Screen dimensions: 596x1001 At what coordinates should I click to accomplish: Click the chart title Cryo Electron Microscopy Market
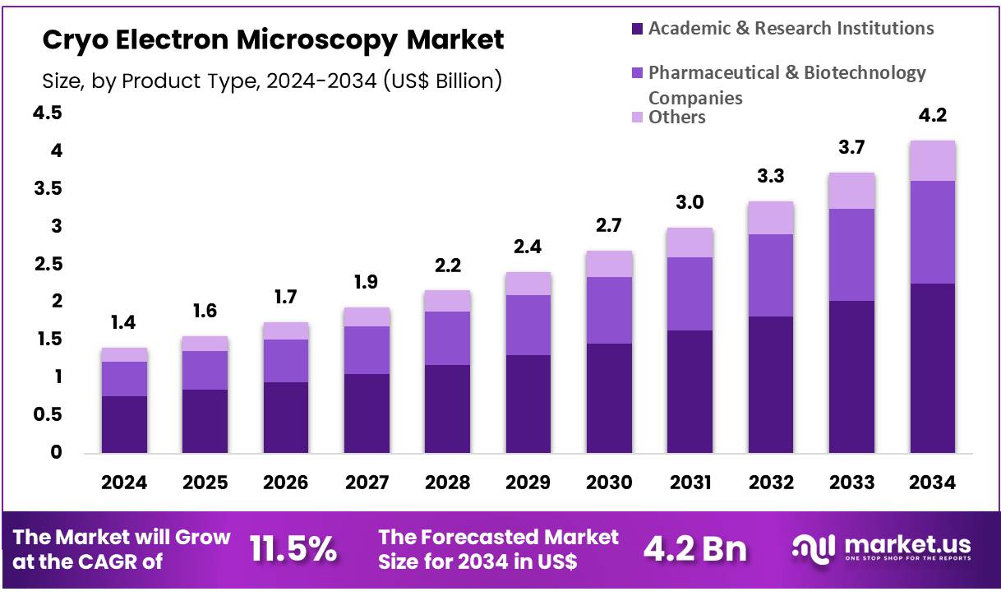click(273, 39)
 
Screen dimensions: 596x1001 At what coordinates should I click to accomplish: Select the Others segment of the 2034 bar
click(932, 160)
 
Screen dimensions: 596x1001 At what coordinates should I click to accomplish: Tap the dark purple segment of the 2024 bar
click(124, 424)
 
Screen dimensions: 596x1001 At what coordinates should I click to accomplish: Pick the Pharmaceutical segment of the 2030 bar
click(609, 310)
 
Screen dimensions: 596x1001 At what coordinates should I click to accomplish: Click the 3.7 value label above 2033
click(851, 148)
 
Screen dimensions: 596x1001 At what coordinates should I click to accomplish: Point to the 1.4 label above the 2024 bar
click(124, 323)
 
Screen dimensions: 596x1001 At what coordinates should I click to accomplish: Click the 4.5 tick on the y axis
click(47, 113)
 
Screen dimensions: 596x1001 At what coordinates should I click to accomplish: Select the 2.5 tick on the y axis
click(47, 264)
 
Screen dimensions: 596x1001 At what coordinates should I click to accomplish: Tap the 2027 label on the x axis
click(367, 483)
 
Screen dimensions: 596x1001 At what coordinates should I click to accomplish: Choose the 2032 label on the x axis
click(771, 483)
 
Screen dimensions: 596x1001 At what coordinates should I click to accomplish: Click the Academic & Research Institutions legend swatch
click(636, 30)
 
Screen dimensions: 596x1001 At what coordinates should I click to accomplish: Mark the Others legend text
click(676, 117)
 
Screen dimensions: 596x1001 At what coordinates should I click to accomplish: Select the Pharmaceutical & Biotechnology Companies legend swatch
click(636, 74)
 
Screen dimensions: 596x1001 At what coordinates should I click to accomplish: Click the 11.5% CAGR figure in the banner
click(293, 549)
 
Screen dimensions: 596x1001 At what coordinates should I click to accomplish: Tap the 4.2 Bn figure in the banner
click(694, 549)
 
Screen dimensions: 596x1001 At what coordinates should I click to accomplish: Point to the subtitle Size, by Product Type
click(272, 81)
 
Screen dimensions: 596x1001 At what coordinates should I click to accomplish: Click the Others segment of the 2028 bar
click(447, 301)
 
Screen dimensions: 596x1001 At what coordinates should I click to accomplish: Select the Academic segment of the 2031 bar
click(690, 391)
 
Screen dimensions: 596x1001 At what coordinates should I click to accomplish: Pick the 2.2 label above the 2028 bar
click(447, 266)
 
